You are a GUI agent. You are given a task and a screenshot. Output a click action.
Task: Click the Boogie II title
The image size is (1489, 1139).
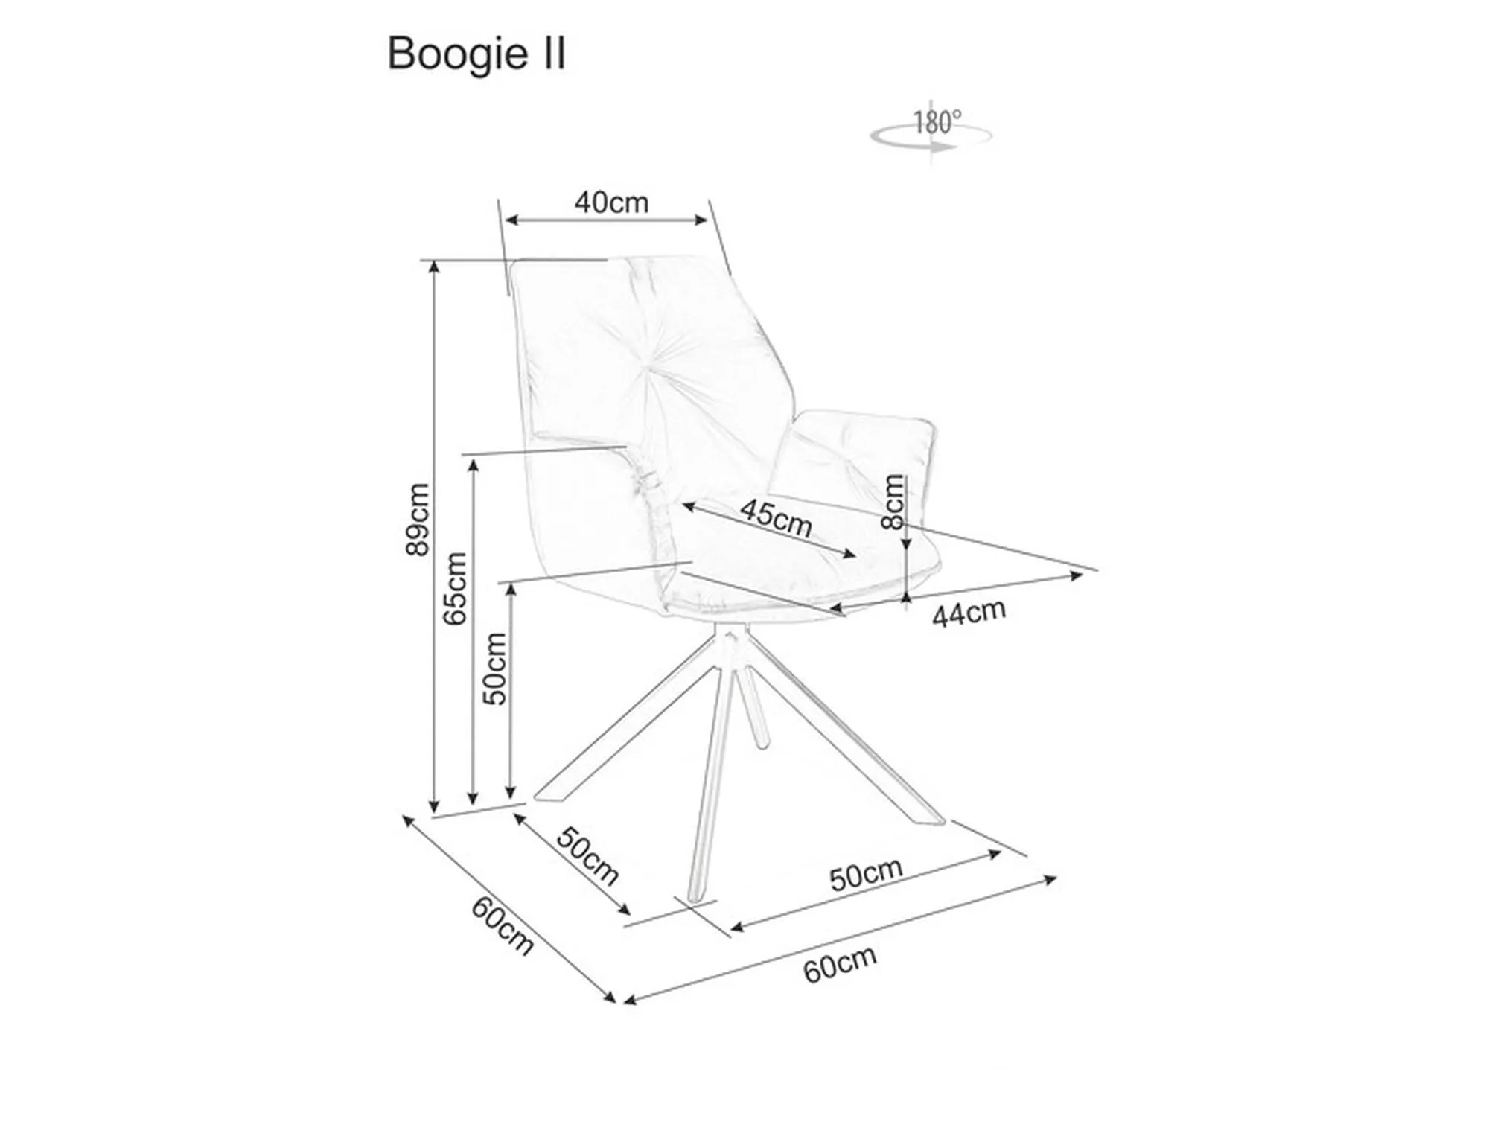(476, 54)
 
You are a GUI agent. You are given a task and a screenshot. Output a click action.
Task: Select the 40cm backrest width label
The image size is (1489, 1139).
(611, 202)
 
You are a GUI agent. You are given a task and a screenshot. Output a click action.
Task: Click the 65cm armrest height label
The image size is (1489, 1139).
(455, 588)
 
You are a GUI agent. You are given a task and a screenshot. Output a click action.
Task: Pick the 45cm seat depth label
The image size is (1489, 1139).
(775, 517)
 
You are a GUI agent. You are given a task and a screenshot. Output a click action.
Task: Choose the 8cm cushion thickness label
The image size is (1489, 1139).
(893, 501)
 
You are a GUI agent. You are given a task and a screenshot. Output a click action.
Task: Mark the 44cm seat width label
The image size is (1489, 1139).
(969, 613)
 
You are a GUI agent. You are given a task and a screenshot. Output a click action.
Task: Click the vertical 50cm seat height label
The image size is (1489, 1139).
(494, 669)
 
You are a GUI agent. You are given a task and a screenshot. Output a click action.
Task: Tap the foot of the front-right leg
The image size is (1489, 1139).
(931, 819)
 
